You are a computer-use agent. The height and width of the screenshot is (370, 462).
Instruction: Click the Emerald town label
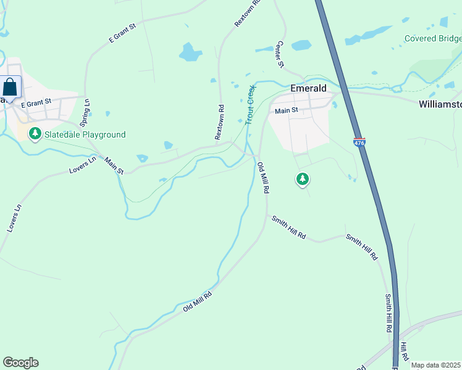308,88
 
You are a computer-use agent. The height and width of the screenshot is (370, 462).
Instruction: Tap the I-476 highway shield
359,142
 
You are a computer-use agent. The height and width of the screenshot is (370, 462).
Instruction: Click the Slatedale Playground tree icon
35,134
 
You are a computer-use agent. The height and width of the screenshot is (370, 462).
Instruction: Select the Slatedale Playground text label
85,134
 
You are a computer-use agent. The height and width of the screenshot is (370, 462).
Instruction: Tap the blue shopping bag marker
10,87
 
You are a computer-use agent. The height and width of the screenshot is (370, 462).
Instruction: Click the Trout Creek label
250,105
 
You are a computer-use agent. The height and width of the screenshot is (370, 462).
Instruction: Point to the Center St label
280,55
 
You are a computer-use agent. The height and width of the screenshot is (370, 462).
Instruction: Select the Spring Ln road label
87,110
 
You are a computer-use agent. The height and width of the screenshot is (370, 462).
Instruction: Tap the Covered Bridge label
432,38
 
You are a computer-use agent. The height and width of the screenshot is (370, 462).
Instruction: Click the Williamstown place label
440,104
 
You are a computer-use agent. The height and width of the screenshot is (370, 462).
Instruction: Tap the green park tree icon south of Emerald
302,179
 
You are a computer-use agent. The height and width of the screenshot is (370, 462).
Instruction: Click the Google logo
20,363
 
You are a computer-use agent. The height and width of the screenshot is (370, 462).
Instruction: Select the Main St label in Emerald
287,110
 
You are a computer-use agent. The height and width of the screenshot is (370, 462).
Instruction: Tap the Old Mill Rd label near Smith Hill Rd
263,178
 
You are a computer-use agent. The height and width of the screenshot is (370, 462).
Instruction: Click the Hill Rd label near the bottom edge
403,352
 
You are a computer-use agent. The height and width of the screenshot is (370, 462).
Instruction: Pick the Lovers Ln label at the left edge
14,218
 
